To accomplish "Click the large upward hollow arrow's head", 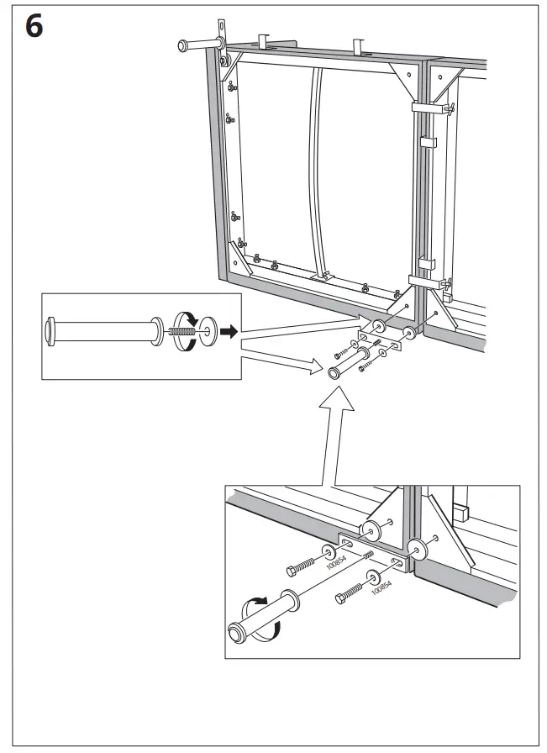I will point(334,412).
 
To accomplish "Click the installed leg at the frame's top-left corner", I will point(200,43).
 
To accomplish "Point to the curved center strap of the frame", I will point(318,168).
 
